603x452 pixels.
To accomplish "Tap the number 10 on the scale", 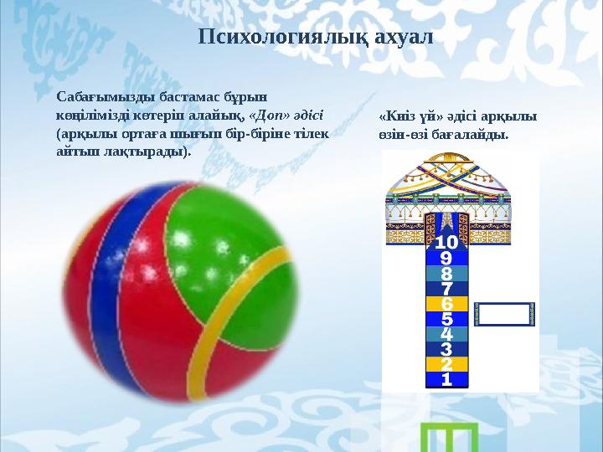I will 446,243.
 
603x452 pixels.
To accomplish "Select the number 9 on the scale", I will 446,259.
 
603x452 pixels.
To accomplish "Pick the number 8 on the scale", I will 446,274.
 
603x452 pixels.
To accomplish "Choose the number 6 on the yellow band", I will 446,304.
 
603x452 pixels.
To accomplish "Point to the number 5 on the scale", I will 446,319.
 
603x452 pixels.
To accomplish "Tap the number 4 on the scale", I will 446,334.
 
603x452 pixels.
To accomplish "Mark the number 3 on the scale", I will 446,349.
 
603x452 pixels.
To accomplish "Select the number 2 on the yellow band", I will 446,364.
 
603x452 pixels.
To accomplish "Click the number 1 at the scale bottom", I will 446,379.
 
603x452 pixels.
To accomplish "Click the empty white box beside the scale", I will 506,314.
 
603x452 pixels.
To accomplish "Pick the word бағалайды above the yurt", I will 472,134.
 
